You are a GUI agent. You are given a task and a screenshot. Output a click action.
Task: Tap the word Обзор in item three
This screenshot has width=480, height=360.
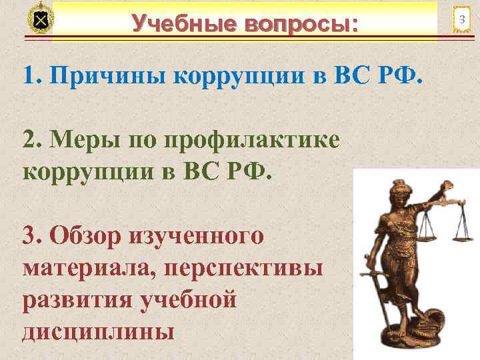[x=94, y=236]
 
